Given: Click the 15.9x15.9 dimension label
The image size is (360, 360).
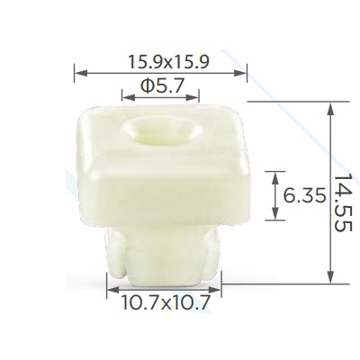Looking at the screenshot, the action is tap(168, 62).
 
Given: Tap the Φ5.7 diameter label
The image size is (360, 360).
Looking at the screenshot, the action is tap(161, 86).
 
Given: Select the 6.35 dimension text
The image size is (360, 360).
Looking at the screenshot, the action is tap(304, 196).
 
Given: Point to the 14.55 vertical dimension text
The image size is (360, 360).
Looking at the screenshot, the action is tap(342, 202).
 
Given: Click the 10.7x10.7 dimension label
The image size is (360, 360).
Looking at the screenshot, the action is tap(165, 302).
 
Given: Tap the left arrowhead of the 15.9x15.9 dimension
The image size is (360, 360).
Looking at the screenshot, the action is tap(81, 73).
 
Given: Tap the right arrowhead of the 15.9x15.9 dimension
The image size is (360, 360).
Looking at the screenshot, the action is tap(240, 73).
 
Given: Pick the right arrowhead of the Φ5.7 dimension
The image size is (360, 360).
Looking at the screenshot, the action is tap(193, 97).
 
